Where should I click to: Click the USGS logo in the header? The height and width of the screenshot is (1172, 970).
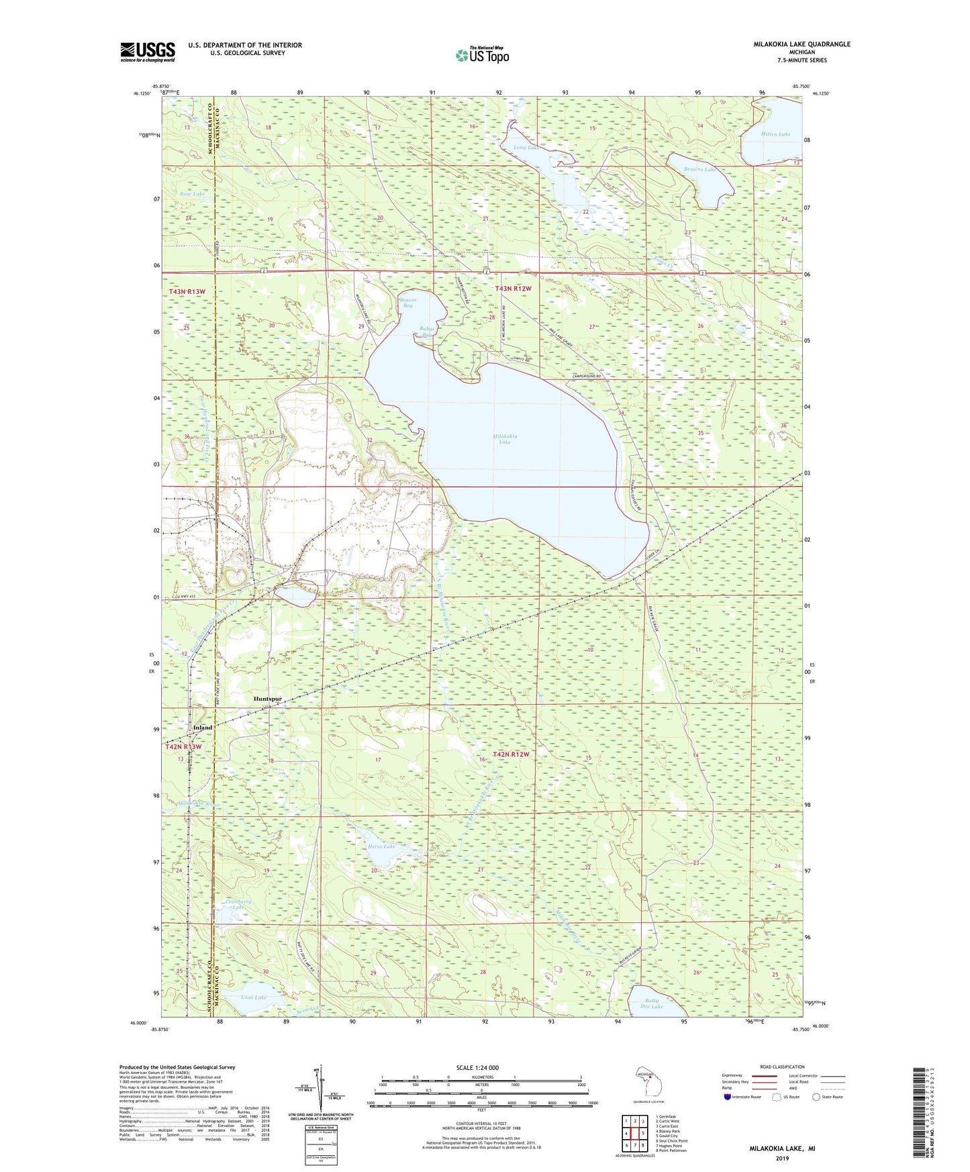coord(147,52)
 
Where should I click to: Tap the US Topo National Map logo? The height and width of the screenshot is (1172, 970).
coord(481,54)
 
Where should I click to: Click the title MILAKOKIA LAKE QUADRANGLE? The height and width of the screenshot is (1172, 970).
coord(802,44)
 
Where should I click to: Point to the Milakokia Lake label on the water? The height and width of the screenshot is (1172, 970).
coord(505,439)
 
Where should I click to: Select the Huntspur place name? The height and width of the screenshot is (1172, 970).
coord(267,699)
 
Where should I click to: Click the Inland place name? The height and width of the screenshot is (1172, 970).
coord(202,728)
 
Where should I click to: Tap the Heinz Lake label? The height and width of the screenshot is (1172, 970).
coord(381,846)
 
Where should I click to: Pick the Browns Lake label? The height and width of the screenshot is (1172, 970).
coord(699,169)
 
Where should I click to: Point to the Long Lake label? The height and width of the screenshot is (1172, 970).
coord(526,147)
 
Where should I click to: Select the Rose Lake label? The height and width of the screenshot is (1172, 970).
coord(192,193)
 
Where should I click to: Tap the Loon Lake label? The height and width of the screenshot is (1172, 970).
coord(254,997)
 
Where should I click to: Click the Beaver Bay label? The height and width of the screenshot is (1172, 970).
coord(407,303)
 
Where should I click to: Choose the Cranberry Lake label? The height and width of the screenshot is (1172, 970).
coord(238,904)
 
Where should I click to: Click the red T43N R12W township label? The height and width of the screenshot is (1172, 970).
coord(513,289)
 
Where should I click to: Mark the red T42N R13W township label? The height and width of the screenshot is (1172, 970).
coord(183,746)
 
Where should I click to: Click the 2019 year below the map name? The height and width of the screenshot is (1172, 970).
coord(782,1158)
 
